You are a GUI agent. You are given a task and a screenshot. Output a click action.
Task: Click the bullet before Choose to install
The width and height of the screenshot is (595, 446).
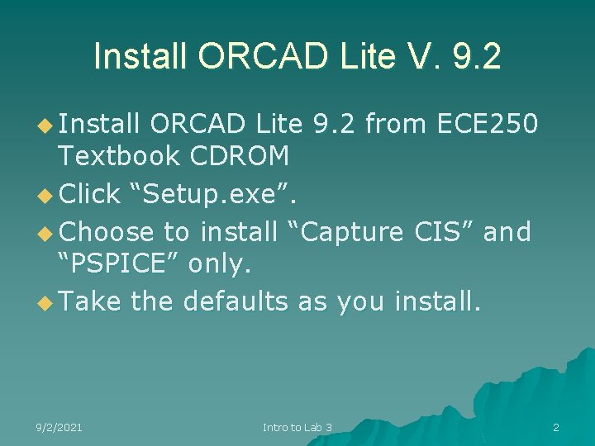pos(45,233)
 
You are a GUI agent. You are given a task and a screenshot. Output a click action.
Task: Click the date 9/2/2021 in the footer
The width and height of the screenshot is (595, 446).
pos(59,427)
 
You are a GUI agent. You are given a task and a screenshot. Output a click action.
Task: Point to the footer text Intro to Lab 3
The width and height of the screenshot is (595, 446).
pos(297,427)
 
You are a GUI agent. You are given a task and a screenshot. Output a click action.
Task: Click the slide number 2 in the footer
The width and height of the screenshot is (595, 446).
pos(556,427)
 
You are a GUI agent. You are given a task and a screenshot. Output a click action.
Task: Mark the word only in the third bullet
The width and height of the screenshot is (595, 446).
pos(219,263)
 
